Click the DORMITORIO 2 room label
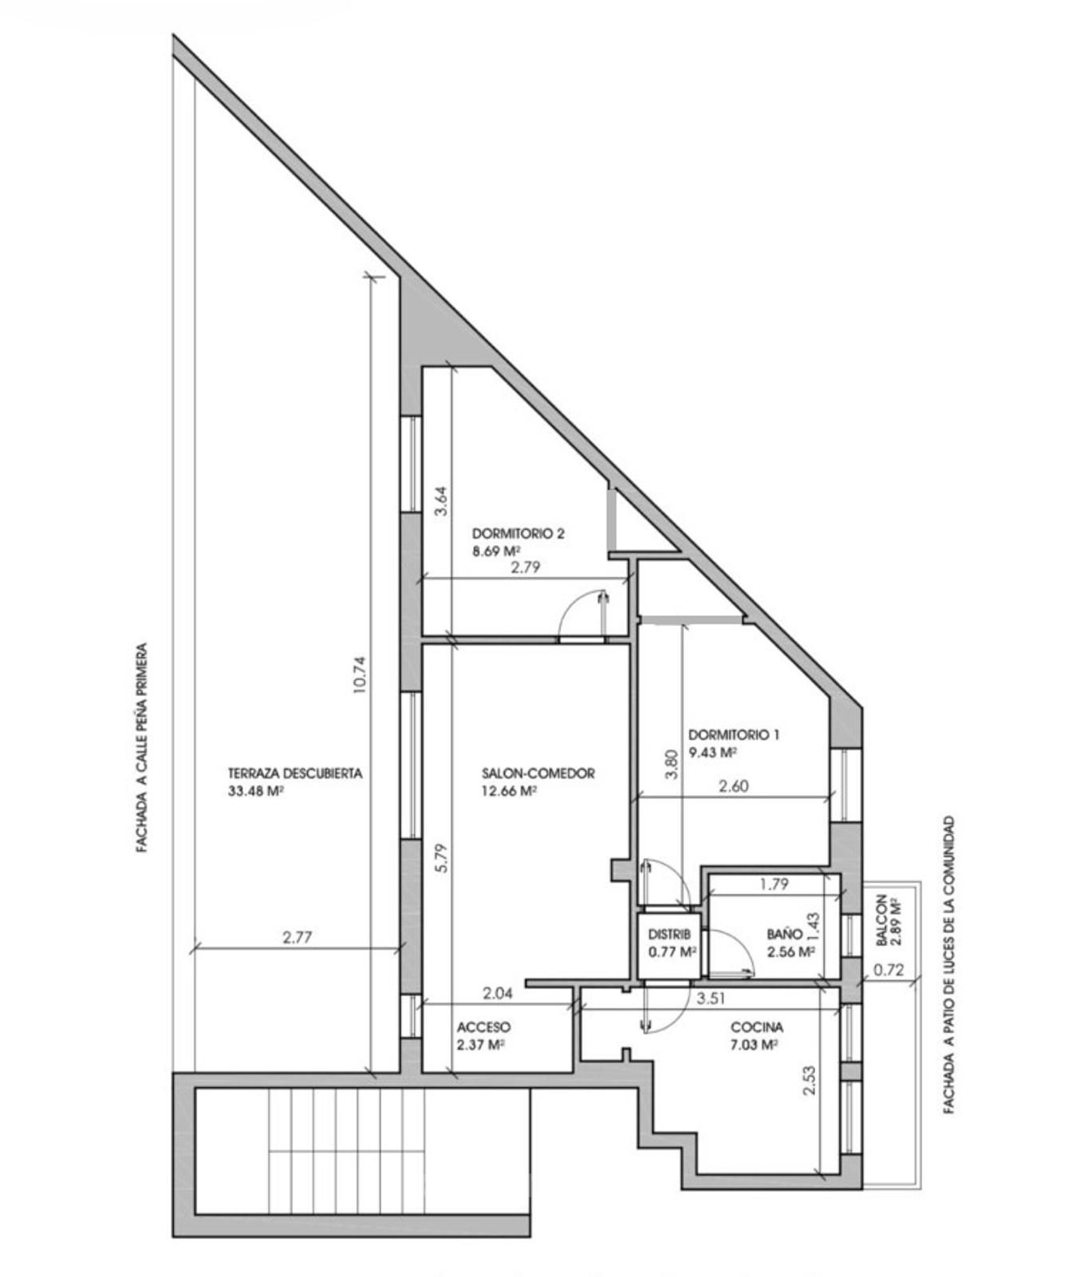coord(518,533)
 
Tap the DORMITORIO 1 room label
coord(733,734)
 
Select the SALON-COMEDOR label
coord(538,773)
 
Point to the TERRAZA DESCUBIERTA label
coord(295,773)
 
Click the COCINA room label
coord(757,1027)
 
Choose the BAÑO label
coord(785,934)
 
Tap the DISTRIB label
coord(669,934)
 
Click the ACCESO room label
coord(483,1027)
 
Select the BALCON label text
coord(881,920)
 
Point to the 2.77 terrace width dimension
coord(297,938)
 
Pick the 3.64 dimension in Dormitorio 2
coord(441,502)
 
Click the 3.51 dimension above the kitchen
coord(711,998)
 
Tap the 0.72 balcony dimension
coord(888,971)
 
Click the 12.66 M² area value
coord(508,791)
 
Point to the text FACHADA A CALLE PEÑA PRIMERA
coord(142,748)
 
